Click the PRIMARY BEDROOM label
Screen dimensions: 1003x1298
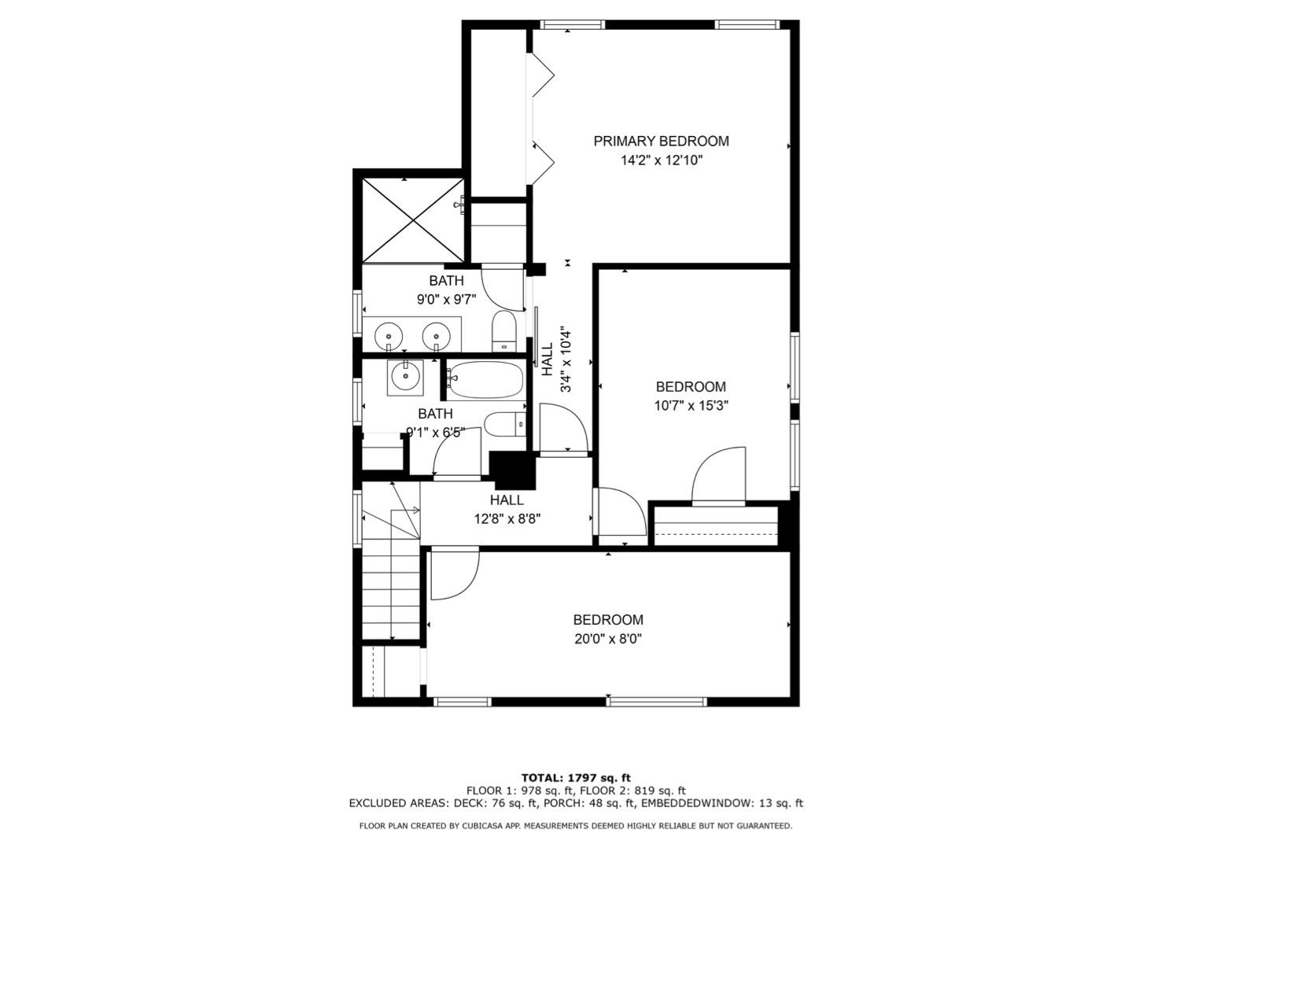(661, 141)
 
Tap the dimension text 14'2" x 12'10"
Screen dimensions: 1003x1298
(661, 160)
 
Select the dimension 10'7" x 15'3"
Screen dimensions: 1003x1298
(691, 406)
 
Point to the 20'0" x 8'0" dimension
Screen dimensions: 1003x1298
(608, 639)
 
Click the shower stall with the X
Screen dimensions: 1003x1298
(412, 220)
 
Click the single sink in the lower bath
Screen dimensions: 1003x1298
(405, 378)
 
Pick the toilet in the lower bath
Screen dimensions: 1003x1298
(503, 426)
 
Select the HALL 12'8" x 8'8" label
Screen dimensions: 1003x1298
(507, 509)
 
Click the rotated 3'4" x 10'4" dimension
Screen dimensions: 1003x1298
(565, 360)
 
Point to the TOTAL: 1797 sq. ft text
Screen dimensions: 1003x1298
(576, 778)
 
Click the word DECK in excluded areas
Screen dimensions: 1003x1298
(470, 803)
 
